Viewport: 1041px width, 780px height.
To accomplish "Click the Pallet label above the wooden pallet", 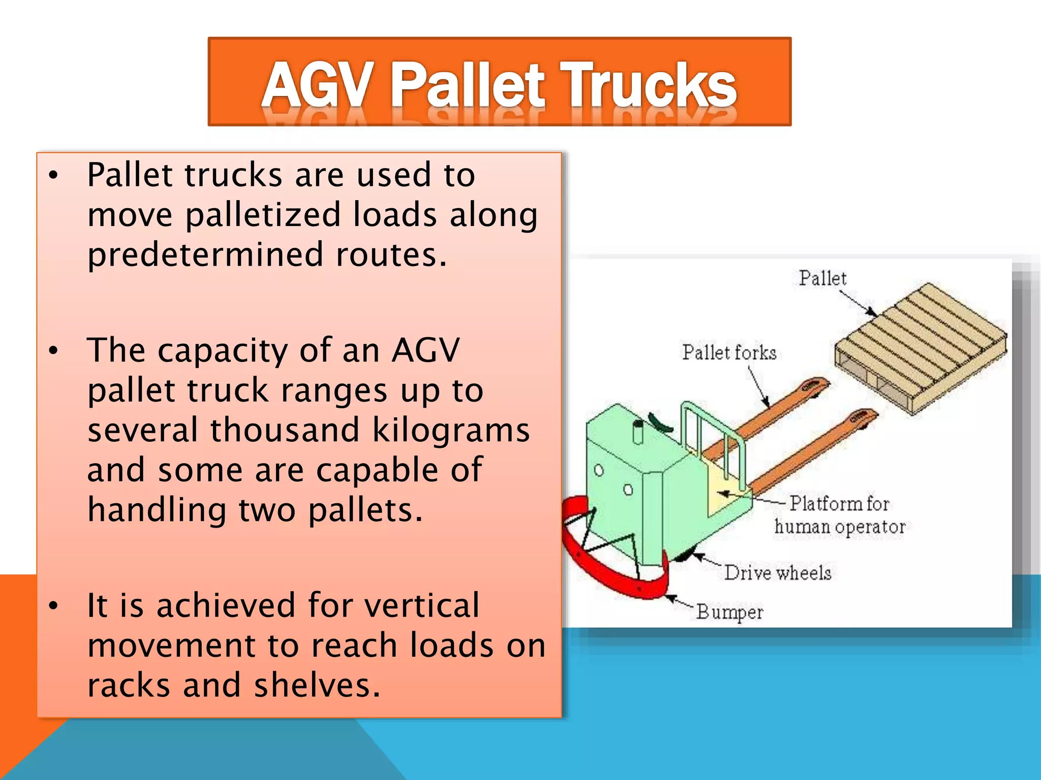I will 822,278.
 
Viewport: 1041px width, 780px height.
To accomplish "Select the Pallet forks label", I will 729,352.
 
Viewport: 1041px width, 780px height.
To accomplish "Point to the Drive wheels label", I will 778,573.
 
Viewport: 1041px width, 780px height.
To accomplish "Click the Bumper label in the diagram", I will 729,612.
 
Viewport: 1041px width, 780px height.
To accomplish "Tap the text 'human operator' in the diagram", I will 840,527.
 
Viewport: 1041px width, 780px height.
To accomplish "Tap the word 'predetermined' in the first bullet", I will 205,255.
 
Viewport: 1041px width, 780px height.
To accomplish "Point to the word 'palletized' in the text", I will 262,215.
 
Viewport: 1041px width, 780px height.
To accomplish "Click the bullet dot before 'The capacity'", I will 53,351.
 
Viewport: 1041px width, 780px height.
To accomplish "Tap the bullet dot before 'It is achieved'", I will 53,606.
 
